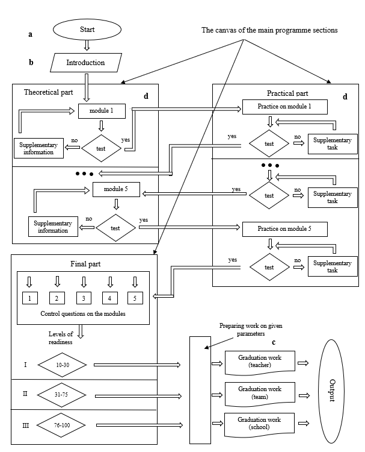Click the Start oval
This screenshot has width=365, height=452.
pyautogui.click(x=87, y=29)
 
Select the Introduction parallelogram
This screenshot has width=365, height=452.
pyautogui.click(x=85, y=62)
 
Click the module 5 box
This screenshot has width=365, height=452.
pyautogui.click(x=116, y=190)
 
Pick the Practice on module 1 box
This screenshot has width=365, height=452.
pyautogui.click(x=284, y=107)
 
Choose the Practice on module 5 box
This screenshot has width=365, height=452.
pyautogui.click(x=284, y=229)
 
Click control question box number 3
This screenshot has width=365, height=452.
pyautogui.click(x=84, y=297)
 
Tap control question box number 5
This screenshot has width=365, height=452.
pyautogui.click(x=135, y=297)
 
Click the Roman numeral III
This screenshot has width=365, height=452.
pyautogui.click(x=25, y=425)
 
